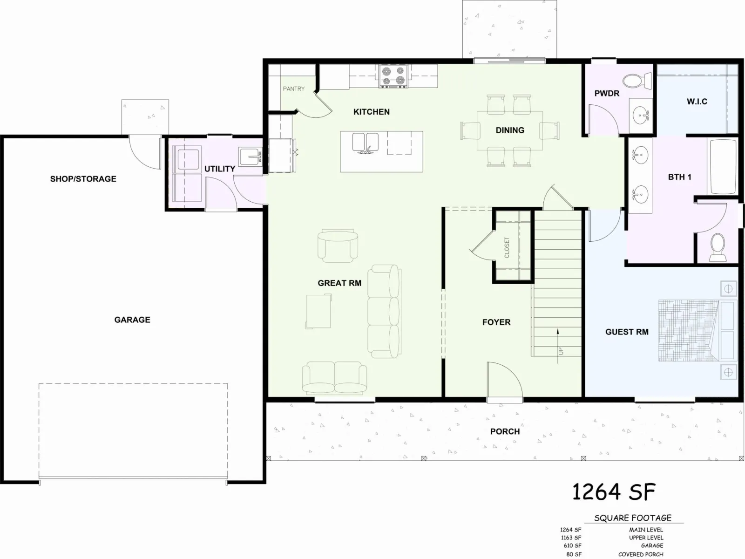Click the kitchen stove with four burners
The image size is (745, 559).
tap(394, 76)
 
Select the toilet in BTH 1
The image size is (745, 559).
tap(718, 247)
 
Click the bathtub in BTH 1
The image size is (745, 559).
tap(723, 166)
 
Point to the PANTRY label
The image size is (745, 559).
tap(294, 89)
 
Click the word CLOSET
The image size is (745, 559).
tap(507, 247)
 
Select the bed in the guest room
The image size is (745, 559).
tap(698, 331)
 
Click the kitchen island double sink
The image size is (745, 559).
tap(365, 143)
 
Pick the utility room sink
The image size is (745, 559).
tap(250, 156)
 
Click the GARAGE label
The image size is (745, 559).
tap(132, 320)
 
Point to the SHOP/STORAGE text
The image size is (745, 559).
tap(83, 179)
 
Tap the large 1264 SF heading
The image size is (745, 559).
tap(614, 492)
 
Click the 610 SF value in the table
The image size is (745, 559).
tap(573, 546)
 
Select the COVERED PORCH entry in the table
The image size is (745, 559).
tap(640, 554)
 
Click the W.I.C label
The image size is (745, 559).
tap(697, 102)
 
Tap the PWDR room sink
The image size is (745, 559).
tap(641, 116)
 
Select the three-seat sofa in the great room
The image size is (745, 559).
tap(384, 311)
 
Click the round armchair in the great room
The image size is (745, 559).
tap(338, 246)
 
